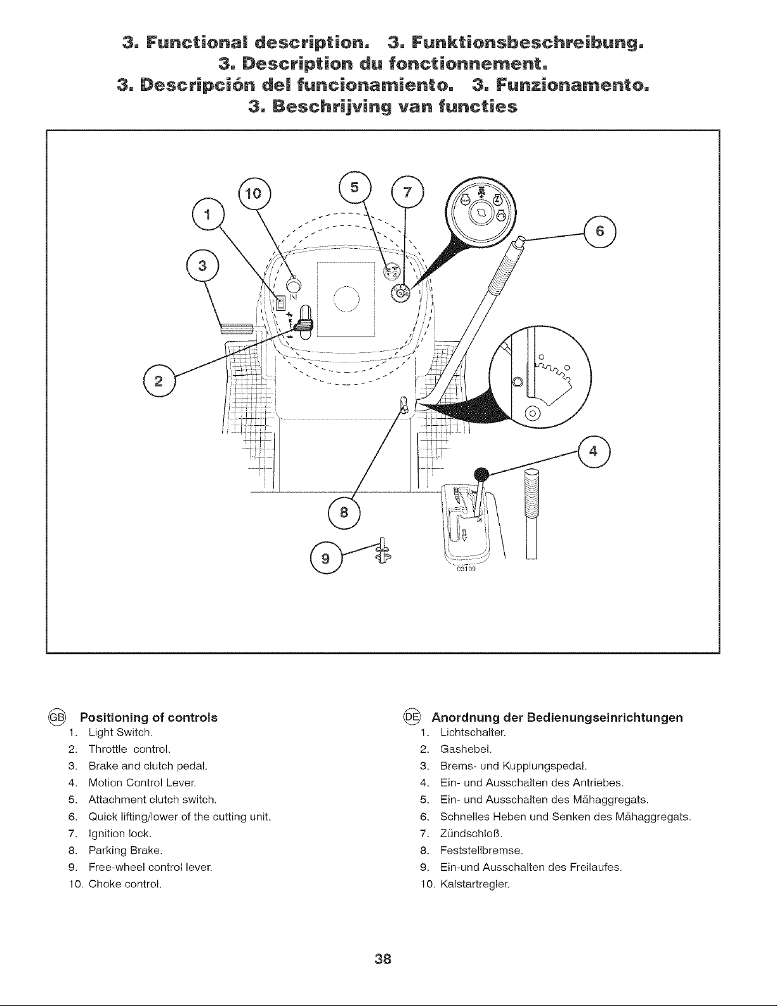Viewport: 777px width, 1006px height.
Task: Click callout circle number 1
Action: coord(208,215)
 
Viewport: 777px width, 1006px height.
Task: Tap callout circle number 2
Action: coord(159,381)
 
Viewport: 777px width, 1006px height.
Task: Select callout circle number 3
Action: coord(202,266)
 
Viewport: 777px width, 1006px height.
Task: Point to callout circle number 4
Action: coord(594,451)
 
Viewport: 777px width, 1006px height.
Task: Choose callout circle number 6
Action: coord(600,232)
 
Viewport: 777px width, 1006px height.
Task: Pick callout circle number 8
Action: coord(344,512)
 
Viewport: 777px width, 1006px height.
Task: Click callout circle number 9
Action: coord(326,559)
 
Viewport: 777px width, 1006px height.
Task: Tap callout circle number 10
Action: coord(254,193)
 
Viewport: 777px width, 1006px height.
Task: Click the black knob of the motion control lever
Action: coord(481,475)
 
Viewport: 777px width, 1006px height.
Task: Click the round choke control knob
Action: coord(293,282)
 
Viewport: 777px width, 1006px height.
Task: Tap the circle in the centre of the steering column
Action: coord(346,298)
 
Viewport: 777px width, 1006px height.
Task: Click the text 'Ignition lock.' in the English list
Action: coord(120,833)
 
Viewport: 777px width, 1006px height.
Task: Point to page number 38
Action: coord(383,958)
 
